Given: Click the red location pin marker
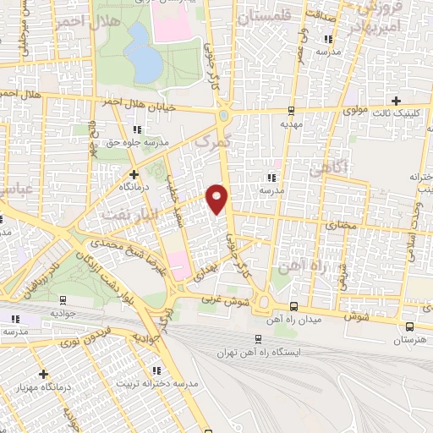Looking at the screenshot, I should pos(218,198).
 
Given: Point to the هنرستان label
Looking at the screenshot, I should pos(410,339).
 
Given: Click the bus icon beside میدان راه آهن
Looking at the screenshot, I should pos(293,307).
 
